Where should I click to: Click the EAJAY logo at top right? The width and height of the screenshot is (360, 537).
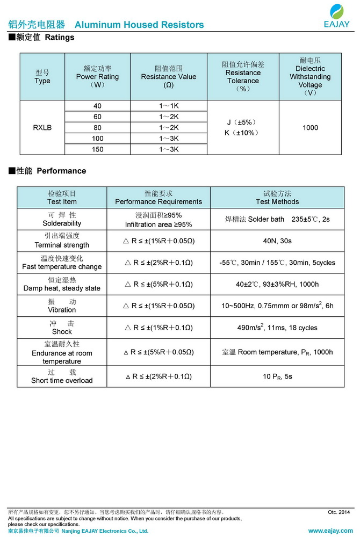point(337,16)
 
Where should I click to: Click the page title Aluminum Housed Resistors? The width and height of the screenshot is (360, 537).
point(139,25)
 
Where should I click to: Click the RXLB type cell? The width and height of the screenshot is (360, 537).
point(42,128)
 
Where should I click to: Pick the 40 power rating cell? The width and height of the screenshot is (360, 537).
point(97,106)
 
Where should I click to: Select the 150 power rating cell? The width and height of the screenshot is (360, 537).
point(97,149)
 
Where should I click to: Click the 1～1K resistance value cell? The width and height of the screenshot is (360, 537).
point(168,106)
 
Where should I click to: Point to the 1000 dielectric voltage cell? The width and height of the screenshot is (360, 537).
point(310,128)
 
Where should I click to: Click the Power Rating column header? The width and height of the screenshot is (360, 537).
point(97,76)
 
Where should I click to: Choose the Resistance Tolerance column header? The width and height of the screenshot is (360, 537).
point(243,76)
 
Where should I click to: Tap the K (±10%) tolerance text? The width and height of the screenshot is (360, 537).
point(243,133)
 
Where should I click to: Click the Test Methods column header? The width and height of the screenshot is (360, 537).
point(277,198)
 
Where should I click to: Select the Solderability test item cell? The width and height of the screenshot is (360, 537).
point(62,219)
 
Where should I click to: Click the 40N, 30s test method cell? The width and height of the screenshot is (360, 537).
point(277,241)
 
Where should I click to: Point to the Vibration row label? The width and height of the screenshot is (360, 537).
point(62,306)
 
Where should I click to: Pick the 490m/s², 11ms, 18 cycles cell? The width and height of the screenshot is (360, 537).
point(277,328)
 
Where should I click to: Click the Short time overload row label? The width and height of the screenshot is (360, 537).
point(62,376)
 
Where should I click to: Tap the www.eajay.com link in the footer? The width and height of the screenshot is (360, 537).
point(329,531)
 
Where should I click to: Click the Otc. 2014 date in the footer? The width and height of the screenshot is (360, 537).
point(339,512)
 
